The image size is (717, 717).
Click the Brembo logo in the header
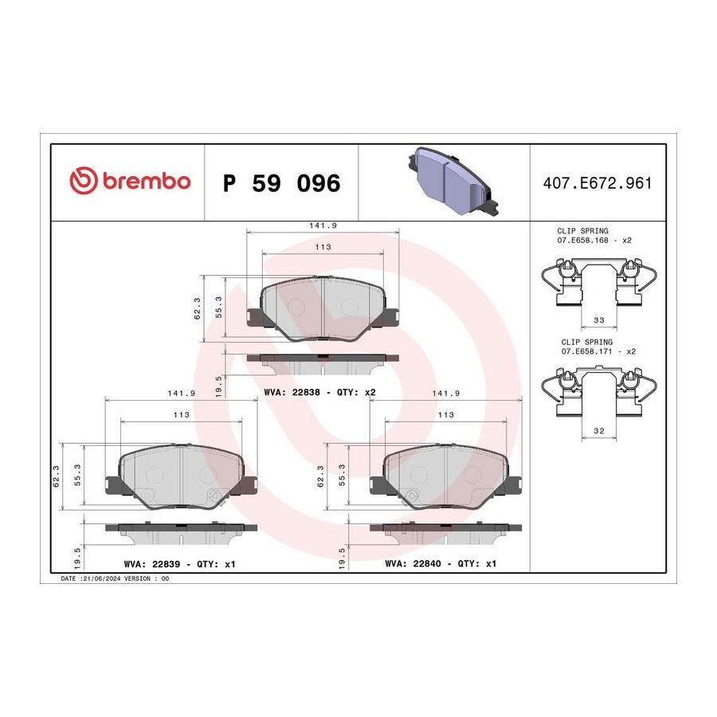pyautogui.click(x=130, y=180)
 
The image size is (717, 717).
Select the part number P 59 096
pyautogui.click(x=282, y=183)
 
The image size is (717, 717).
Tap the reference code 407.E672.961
pyautogui.click(x=597, y=183)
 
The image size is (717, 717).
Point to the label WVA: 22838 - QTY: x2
pyautogui.click(x=319, y=392)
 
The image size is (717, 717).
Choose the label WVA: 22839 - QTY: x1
pyautogui.click(x=180, y=564)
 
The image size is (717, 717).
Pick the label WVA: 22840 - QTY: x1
pyautogui.click(x=441, y=564)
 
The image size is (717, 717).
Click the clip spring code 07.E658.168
pyautogui.click(x=582, y=240)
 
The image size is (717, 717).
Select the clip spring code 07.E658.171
pyautogui.click(x=586, y=351)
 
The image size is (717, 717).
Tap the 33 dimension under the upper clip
pyautogui.click(x=599, y=320)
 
